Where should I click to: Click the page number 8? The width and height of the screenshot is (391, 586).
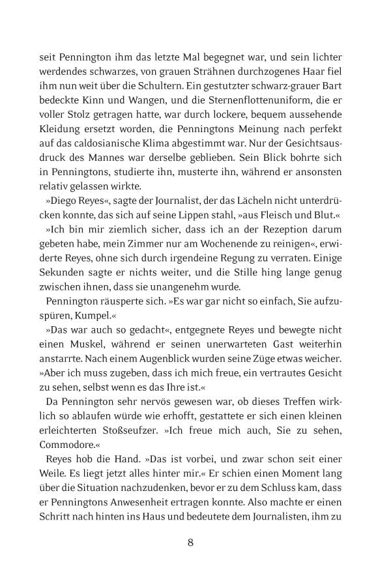[191, 542]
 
